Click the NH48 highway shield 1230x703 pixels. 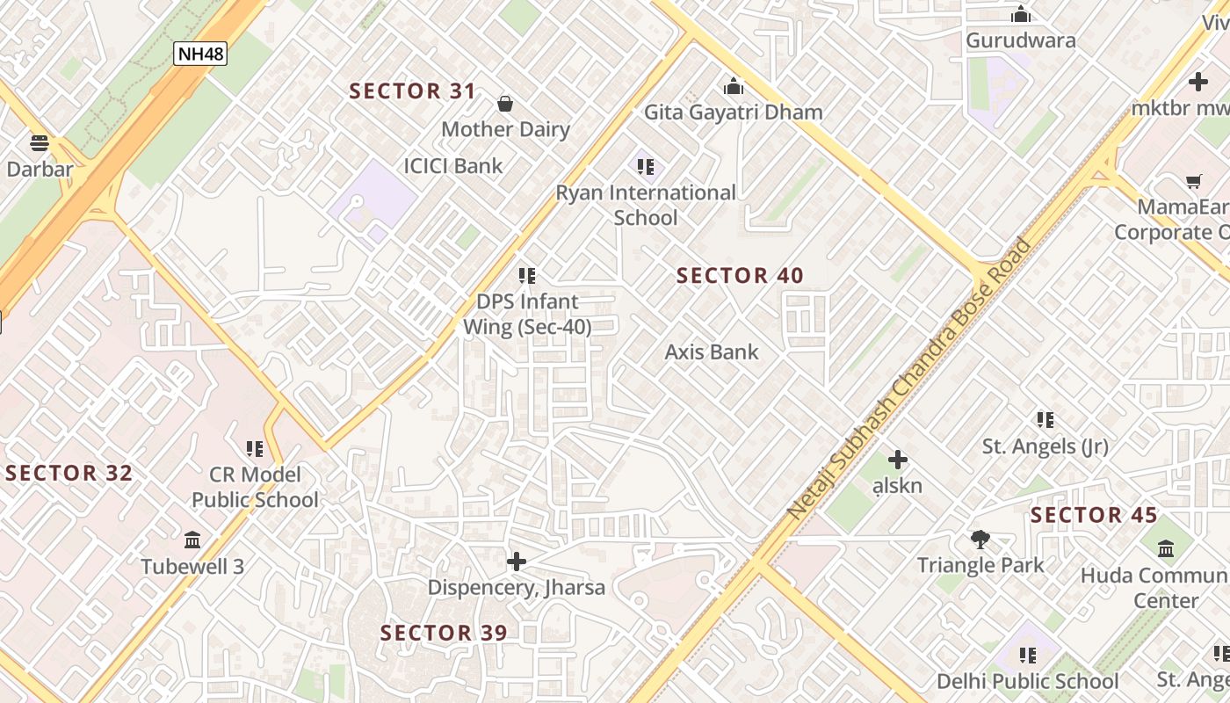200,54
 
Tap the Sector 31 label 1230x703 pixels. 413,91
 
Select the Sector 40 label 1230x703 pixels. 740,276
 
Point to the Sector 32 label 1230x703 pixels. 69,473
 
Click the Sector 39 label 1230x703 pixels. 444,633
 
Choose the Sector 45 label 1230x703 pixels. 1094,515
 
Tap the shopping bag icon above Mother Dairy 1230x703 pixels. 505,104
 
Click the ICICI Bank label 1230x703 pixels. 453,165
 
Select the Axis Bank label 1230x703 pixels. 712,351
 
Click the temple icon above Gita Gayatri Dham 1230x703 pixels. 734,86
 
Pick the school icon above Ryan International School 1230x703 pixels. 646,166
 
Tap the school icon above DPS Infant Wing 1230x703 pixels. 527,276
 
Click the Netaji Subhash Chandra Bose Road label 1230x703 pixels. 909,378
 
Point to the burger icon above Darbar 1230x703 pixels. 40,142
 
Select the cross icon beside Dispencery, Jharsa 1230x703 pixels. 517,561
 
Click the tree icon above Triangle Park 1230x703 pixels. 980,539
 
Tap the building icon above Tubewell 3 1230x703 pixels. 192,540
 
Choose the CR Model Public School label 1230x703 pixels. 255,487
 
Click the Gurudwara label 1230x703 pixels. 1020,40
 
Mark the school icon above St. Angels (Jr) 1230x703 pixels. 1045,420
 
